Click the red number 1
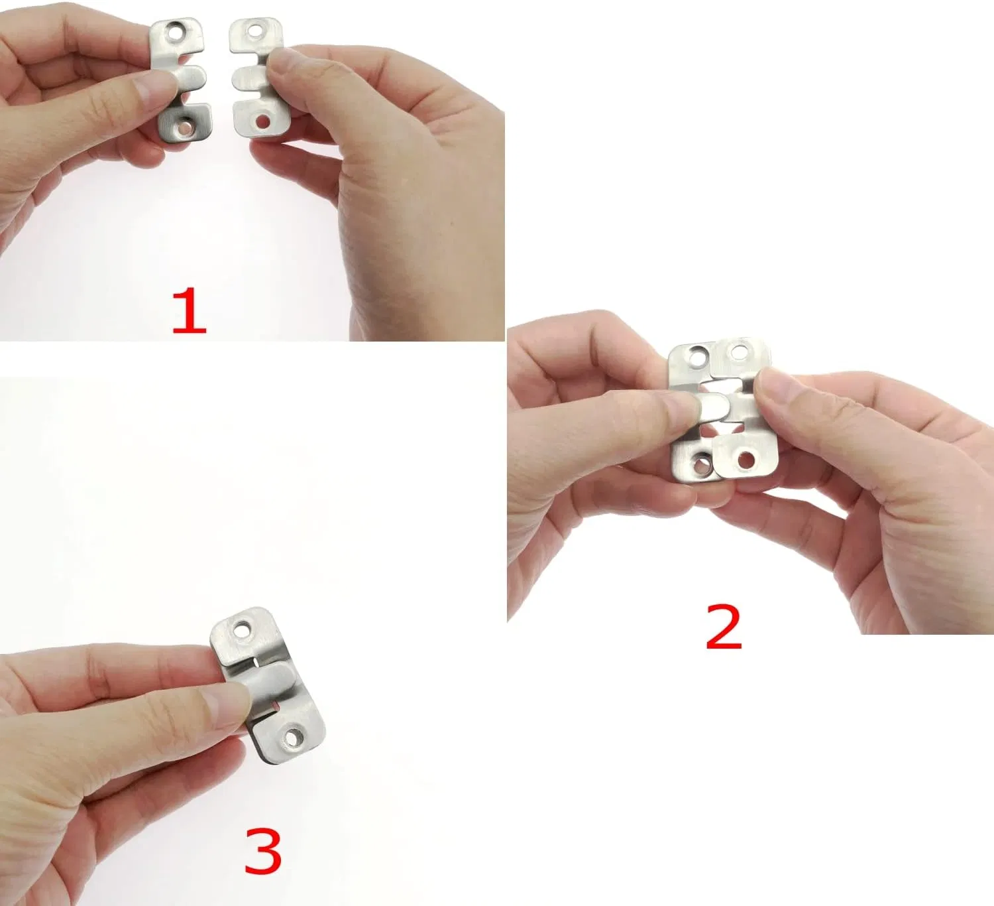(189, 310)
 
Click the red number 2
(724, 626)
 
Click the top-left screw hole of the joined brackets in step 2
(697, 358)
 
